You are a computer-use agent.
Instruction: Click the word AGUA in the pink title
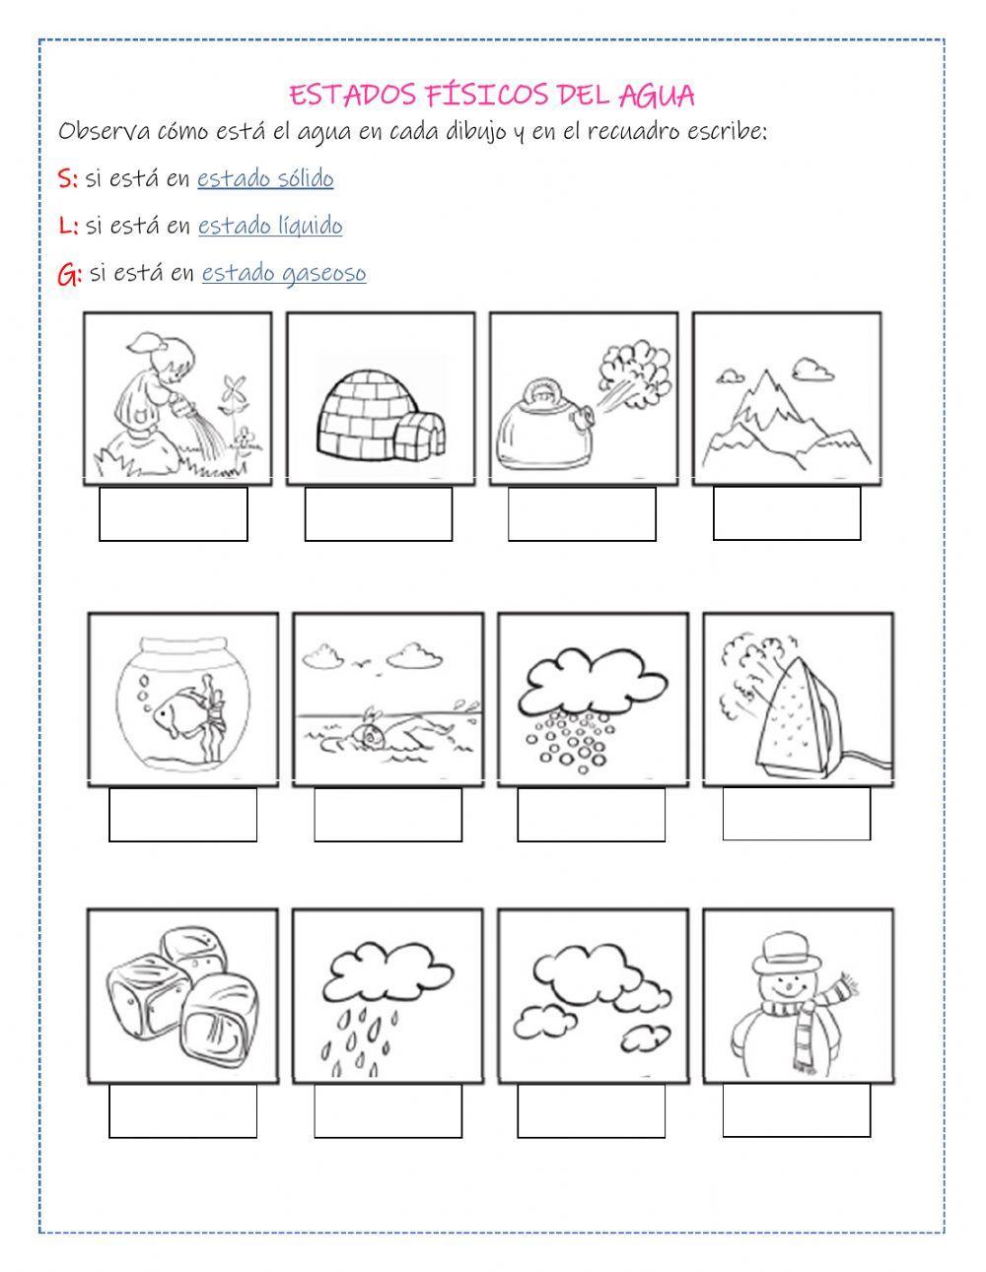click(657, 96)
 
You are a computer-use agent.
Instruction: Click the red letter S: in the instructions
click(68, 178)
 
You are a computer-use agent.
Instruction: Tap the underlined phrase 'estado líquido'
click(270, 226)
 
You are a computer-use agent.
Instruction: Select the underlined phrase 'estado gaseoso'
click(284, 273)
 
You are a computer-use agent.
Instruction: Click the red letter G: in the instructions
click(70, 274)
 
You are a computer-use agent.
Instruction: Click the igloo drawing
click(381, 415)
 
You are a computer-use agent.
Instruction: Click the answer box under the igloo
click(379, 514)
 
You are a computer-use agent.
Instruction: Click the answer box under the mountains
click(787, 513)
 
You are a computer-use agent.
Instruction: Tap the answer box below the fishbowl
click(182, 815)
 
